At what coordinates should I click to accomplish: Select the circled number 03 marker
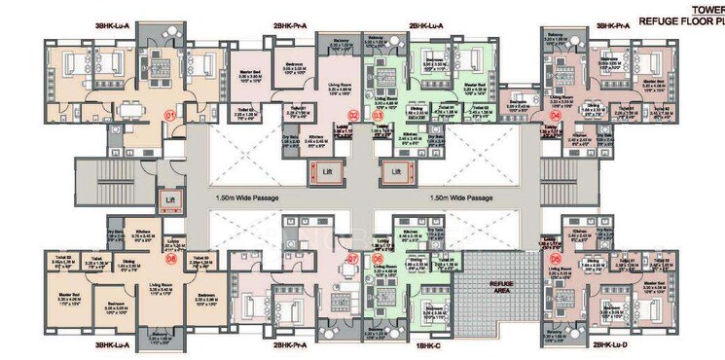tap(377, 115)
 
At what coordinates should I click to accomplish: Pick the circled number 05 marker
tap(557, 259)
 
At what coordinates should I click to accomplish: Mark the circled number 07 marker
tap(352, 259)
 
